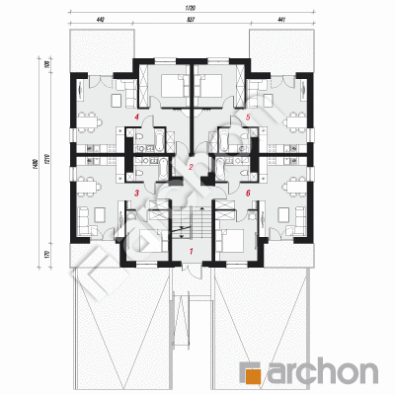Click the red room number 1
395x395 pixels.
pyautogui.click(x=192, y=252)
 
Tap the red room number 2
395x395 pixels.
pyautogui.click(x=191, y=168)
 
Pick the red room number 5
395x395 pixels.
pyautogui.click(x=248, y=118)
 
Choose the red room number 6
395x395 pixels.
pyautogui.click(x=248, y=194)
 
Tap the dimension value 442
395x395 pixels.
pyautogui.click(x=101, y=19)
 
